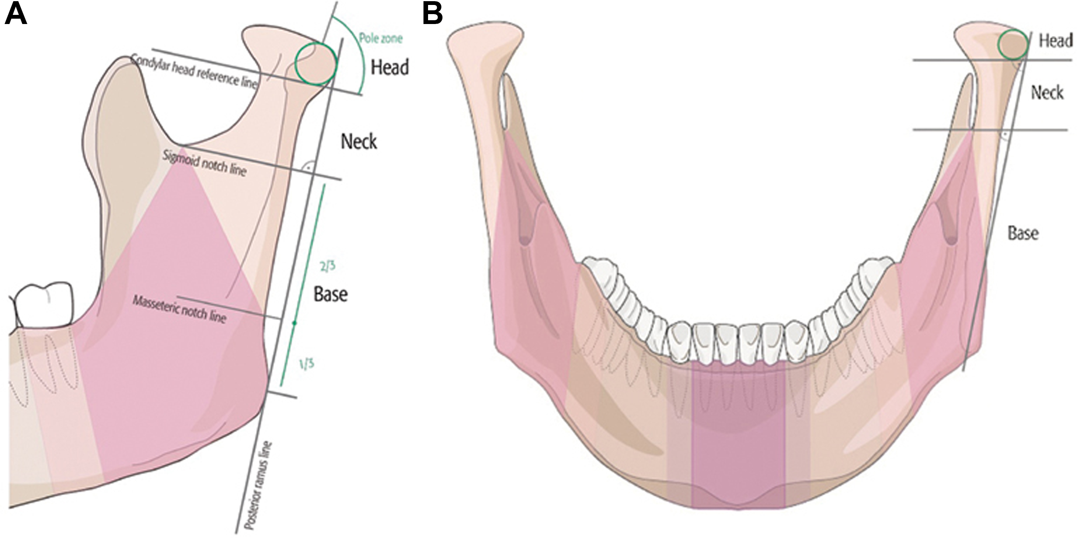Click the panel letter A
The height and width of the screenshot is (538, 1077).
tap(16, 16)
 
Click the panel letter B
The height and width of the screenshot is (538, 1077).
tap(433, 16)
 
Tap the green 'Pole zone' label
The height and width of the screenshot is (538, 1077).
tap(381, 39)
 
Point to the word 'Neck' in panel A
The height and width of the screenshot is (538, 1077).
tap(359, 142)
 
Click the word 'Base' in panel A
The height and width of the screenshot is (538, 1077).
tap(331, 295)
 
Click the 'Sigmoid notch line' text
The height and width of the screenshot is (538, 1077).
tap(204, 162)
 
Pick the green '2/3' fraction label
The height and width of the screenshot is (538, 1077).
tap(327, 267)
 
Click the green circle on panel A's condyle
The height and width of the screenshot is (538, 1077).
tap(316, 64)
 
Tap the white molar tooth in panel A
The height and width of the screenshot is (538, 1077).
tap(43, 305)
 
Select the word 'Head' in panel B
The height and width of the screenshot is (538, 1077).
tap(1056, 41)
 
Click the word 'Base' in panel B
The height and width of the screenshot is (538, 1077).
tap(1023, 233)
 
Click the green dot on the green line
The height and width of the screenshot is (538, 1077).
tap(295, 323)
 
